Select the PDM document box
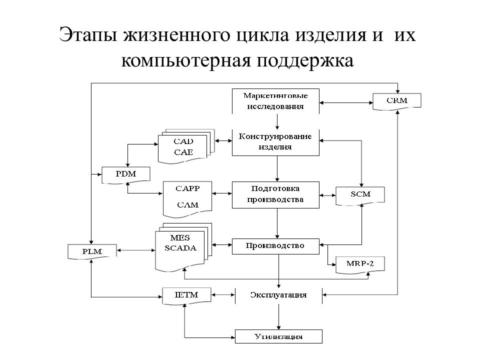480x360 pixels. tap(126, 175)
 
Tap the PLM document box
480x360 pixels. tap(92, 251)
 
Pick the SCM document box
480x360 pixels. tap(360, 195)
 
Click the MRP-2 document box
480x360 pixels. tap(360, 264)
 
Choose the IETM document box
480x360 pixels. tap(186, 295)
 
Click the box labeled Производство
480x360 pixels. tap(275, 246)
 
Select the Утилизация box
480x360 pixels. tap(278, 336)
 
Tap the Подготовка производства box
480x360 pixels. tap(275, 195)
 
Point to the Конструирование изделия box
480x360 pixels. tap(275, 142)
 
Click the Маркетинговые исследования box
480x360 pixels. tap(275, 101)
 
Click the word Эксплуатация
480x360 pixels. tap(278, 295)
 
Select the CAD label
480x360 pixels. tap(183, 141)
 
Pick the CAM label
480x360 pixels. tap(187, 205)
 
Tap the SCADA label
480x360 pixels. tap(180, 248)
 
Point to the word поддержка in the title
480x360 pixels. tap(305, 61)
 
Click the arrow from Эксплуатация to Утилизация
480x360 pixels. tap(278, 317)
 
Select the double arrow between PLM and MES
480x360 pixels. tap(136, 250)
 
